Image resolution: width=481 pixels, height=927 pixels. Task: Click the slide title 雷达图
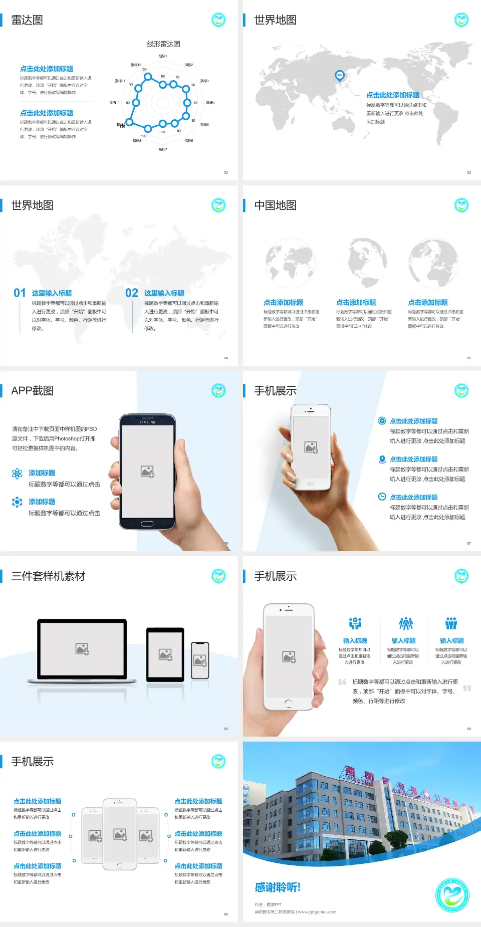(27, 20)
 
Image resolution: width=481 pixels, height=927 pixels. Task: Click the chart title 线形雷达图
(163, 44)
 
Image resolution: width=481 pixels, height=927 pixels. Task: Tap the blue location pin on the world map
(340, 75)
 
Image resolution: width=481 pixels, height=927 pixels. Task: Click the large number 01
(20, 293)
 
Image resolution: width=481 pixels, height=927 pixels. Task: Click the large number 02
(132, 293)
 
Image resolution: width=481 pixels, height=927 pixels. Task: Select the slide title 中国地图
(275, 205)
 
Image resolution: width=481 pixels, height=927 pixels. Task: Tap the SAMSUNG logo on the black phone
(147, 422)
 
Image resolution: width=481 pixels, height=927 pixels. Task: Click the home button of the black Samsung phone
(147, 524)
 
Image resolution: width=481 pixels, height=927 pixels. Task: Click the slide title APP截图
(32, 391)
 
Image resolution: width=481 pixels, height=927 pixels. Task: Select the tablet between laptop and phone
(165, 654)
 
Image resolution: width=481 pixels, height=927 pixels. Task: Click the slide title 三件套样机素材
(48, 576)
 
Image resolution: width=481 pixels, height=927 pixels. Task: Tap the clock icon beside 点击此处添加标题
(382, 497)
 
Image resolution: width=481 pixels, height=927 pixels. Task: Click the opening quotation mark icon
(342, 681)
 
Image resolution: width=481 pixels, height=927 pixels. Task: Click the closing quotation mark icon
(467, 688)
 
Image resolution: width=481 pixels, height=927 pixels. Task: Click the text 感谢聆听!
(278, 887)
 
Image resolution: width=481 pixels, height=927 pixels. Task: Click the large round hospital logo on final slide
(452, 895)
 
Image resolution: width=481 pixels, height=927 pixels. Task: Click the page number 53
(469, 172)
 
